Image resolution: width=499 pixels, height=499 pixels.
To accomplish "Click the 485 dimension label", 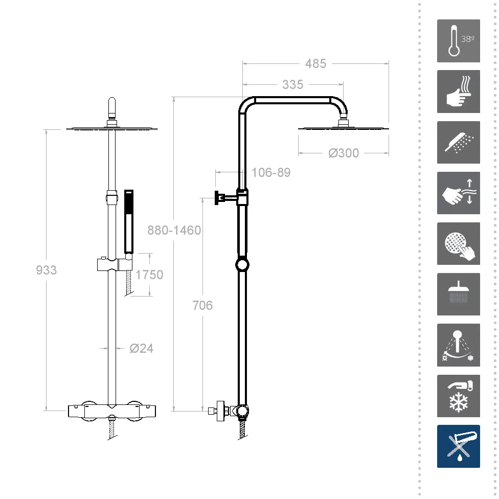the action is pos(315,63).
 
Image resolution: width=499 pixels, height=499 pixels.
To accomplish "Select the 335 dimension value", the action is pos(293,85).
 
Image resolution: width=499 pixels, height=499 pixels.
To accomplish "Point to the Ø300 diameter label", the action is pos(344,153).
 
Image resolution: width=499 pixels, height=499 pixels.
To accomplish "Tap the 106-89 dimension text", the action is pos(271,172).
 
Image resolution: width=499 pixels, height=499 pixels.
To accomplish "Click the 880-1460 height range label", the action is pos(174,230).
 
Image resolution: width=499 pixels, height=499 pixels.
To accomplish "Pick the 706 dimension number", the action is pos(202,305).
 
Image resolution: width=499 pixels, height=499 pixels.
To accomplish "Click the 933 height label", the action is pos(46,270).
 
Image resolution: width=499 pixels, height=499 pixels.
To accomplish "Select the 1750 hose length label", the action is pos(149,275).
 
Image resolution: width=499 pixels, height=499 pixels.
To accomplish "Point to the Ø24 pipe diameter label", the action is pos(141,349).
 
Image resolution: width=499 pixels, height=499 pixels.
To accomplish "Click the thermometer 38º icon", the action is pos(458,41).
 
